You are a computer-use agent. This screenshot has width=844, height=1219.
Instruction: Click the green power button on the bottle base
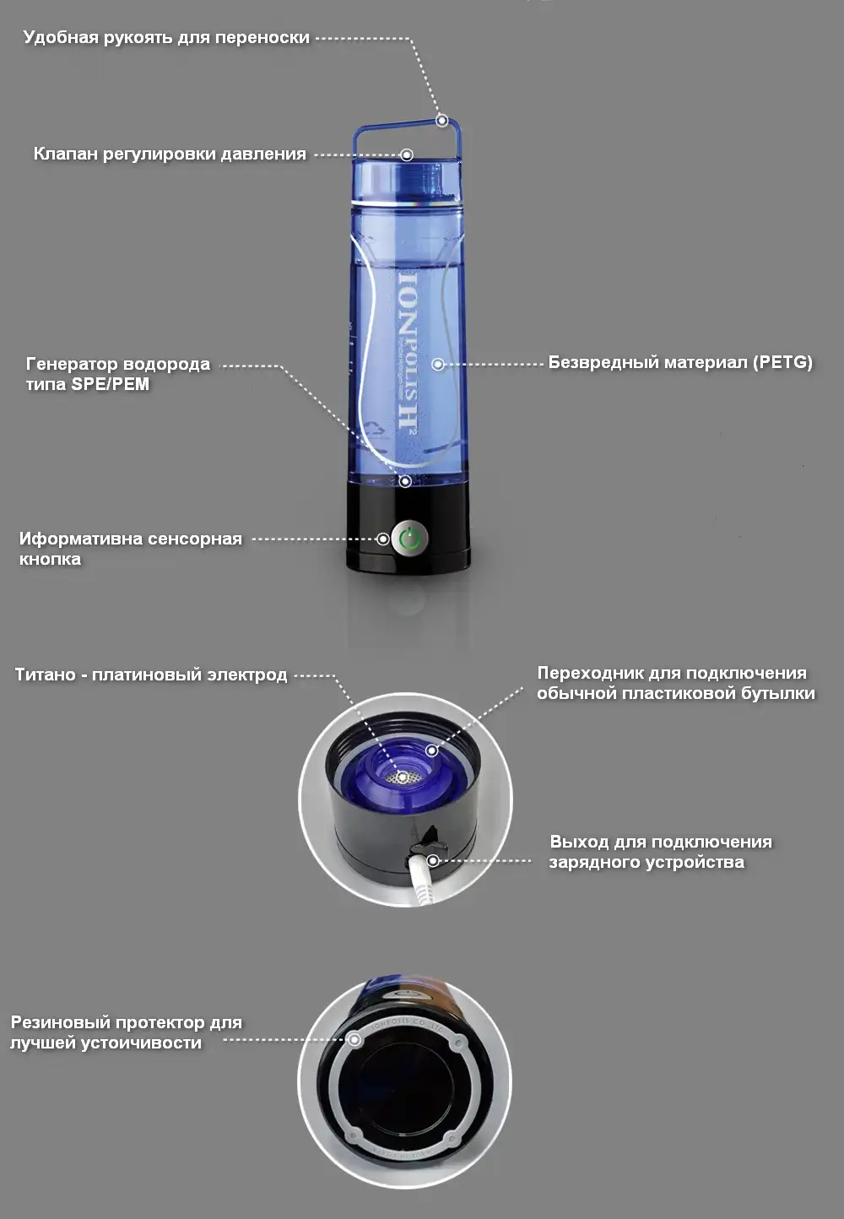409,539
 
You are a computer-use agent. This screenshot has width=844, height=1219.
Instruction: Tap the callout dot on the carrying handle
441,121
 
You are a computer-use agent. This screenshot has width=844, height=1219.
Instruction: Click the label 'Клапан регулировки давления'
169,154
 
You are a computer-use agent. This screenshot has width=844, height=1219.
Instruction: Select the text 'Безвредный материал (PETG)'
679,362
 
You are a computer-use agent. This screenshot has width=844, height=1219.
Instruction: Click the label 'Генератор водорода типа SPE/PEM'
117,374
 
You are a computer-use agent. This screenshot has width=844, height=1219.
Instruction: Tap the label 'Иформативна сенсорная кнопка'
130,549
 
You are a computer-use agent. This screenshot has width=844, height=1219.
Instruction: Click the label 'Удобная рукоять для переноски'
166,37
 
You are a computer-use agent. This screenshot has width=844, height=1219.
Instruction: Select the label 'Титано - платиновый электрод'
151,675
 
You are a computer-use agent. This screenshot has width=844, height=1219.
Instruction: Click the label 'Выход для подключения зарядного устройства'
660,852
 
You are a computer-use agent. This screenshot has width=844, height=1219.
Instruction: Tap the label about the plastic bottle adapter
675,683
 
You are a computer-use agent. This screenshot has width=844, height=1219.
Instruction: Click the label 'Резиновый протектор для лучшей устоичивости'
126,1032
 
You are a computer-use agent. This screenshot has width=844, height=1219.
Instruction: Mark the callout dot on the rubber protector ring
355,1040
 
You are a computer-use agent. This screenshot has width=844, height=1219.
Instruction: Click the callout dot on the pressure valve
407,154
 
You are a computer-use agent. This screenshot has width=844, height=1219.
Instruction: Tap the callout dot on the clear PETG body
438,364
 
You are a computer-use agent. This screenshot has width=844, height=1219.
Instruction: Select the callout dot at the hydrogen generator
405,481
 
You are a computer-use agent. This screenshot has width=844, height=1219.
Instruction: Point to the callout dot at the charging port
433,861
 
